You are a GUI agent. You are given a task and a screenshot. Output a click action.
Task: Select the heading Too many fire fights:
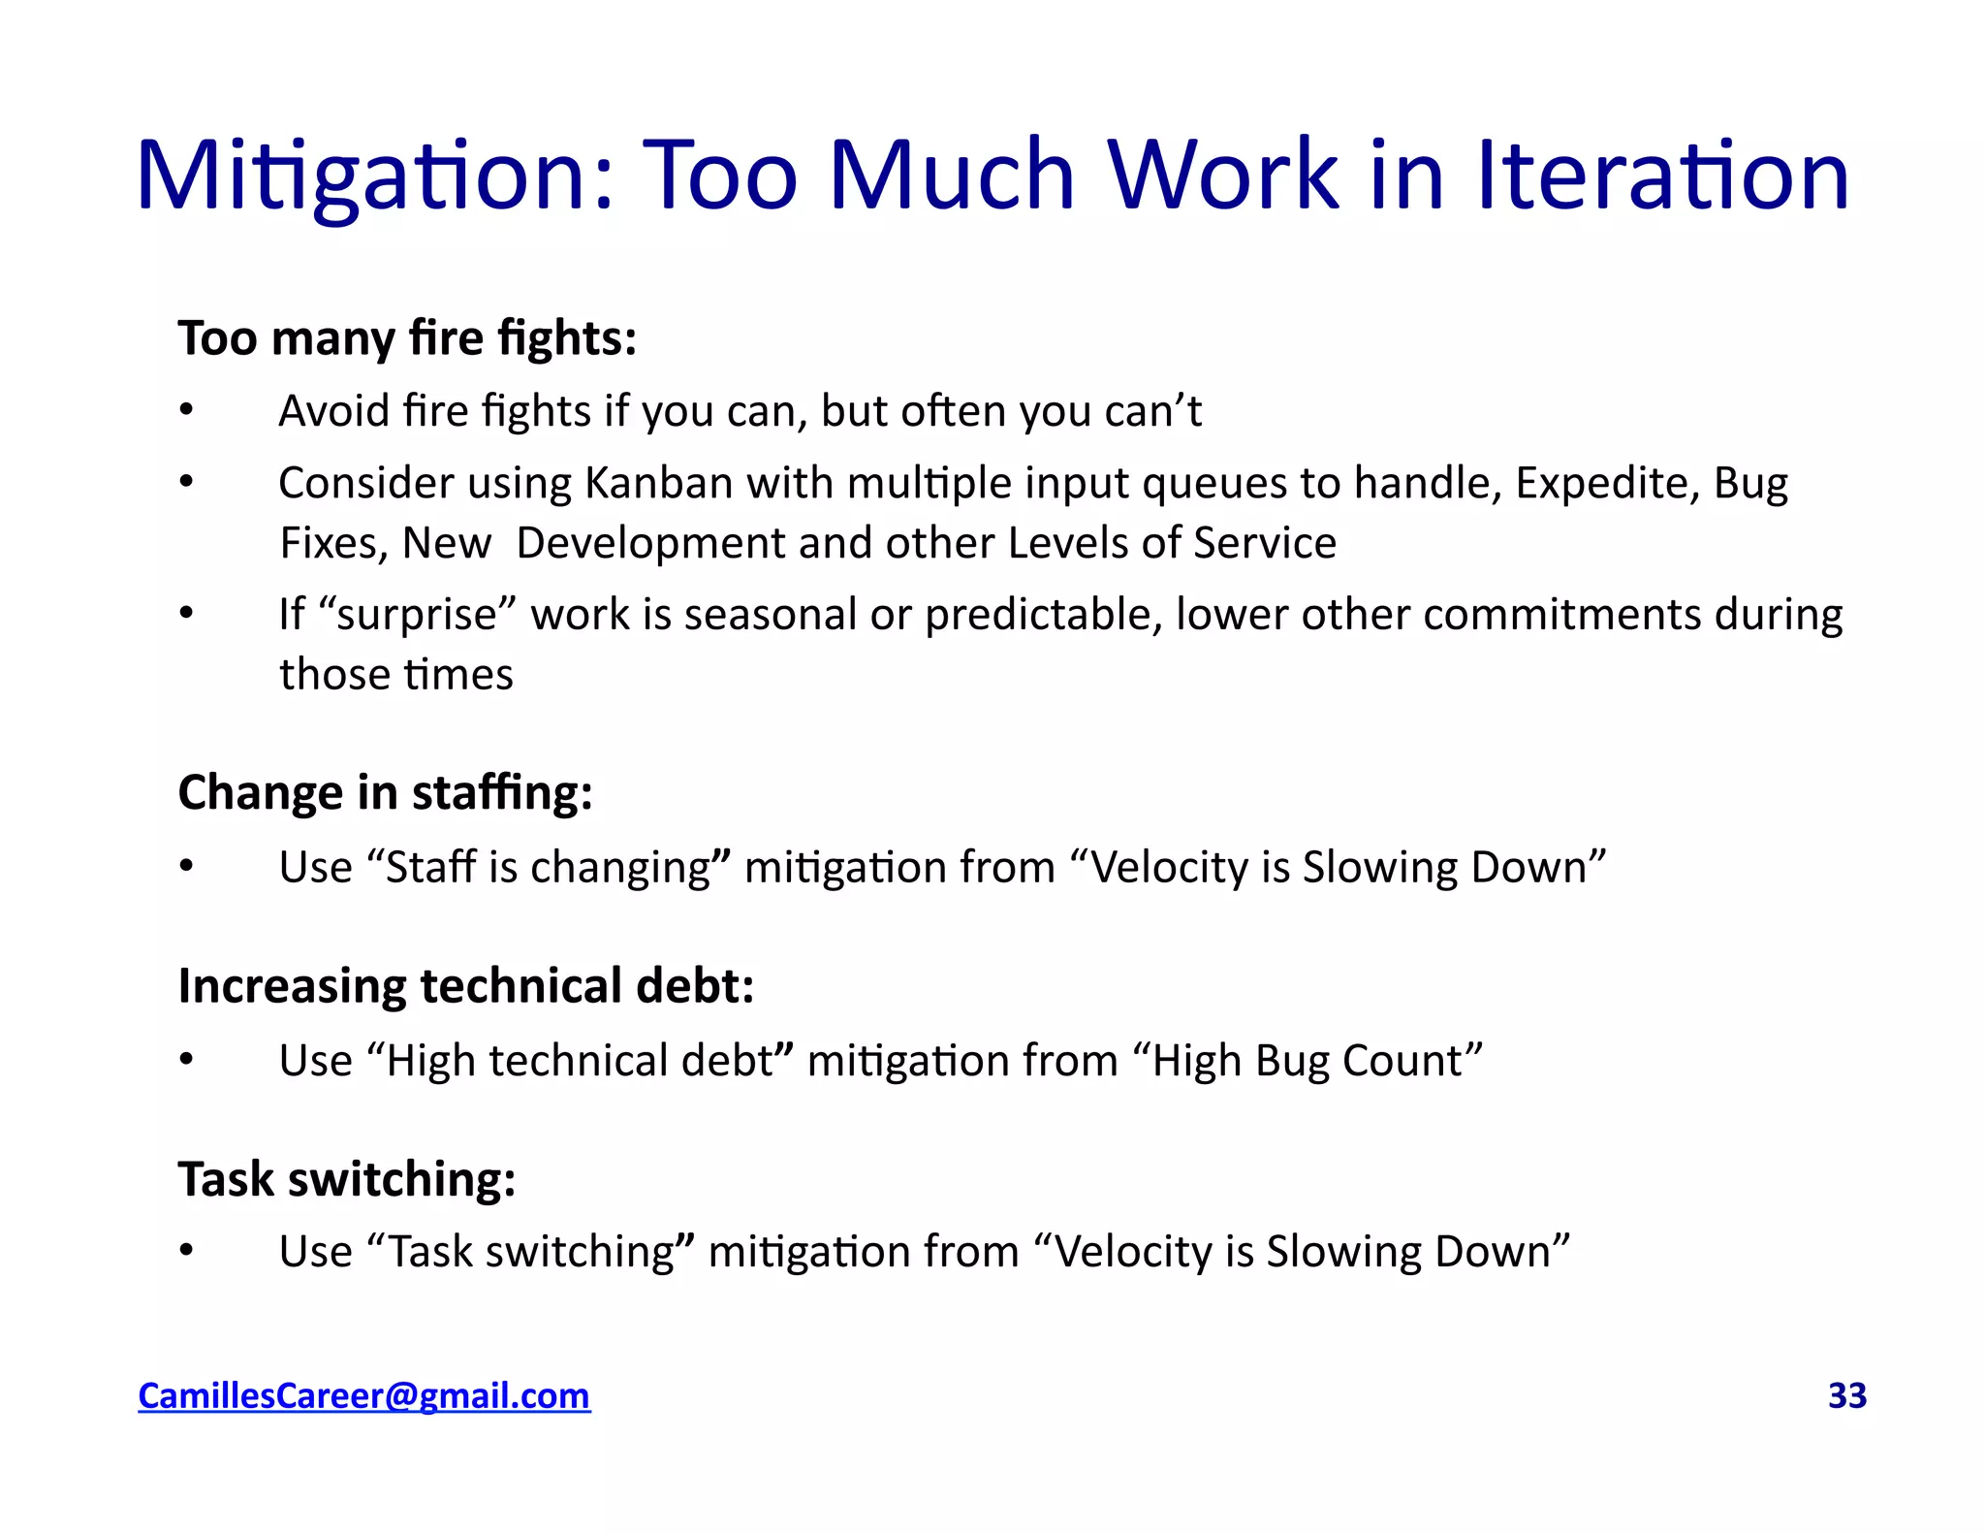[407, 338]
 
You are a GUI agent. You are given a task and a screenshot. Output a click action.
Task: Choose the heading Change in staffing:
[385, 793]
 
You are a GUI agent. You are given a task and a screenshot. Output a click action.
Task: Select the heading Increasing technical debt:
[465, 986]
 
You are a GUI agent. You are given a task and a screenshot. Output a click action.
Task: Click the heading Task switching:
[346, 1180]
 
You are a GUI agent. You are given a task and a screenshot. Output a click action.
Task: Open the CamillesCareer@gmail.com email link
[363, 1395]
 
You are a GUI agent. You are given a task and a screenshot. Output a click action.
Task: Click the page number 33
[1846, 1395]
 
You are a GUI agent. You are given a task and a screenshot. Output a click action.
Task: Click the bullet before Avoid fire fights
[187, 410]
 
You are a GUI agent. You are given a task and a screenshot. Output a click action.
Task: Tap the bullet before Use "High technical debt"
[187, 1060]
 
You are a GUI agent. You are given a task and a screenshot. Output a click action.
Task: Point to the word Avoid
[333, 411]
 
